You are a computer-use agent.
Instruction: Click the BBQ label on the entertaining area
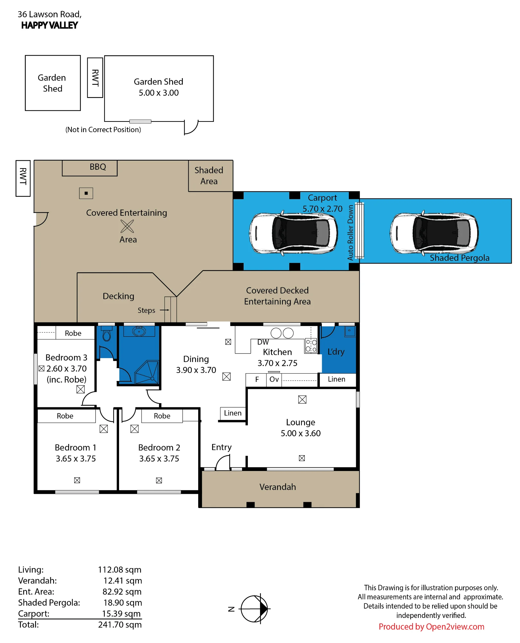pos(98,167)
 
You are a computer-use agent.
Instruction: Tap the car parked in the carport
pos(293,233)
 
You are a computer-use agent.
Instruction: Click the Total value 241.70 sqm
pos(120,625)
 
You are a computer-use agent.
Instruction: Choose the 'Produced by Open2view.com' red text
pos(431,627)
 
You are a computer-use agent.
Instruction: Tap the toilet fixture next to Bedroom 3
pos(107,334)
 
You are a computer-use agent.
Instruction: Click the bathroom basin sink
pos(139,331)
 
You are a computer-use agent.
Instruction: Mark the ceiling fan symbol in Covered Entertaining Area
pos(127,226)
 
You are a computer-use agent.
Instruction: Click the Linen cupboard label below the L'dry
pos(337,379)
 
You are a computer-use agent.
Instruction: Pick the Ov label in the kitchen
pos(274,379)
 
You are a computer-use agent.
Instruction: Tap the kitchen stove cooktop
pos(311,346)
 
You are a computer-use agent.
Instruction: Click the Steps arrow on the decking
pos(164,310)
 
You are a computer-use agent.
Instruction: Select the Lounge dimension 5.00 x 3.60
pos(301,433)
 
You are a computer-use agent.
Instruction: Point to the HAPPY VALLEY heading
pos(50,25)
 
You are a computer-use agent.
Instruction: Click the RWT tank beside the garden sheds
pos(95,78)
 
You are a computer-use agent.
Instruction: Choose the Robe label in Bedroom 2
pos(162,416)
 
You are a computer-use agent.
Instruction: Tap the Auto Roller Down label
pos(350,233)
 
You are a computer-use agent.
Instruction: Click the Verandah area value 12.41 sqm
pos(123,581)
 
